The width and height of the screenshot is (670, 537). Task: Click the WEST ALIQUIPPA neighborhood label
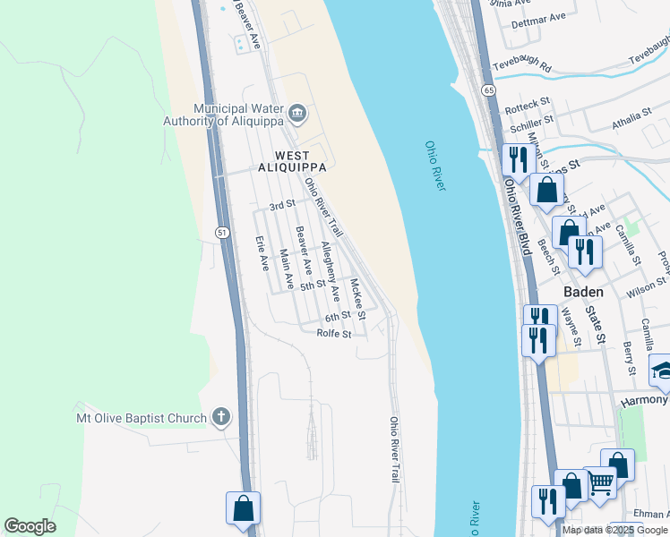291,160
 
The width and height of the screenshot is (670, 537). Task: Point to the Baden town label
583,292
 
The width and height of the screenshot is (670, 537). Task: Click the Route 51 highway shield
221,232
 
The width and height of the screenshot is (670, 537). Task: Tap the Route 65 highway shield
487,90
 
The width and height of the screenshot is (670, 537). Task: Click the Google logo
30,526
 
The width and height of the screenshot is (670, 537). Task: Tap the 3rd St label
282,205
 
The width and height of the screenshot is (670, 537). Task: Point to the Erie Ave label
262,253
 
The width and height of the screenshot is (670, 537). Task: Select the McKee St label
358,300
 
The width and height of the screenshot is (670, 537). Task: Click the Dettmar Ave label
538,18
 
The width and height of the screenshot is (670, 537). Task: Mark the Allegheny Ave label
331,270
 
